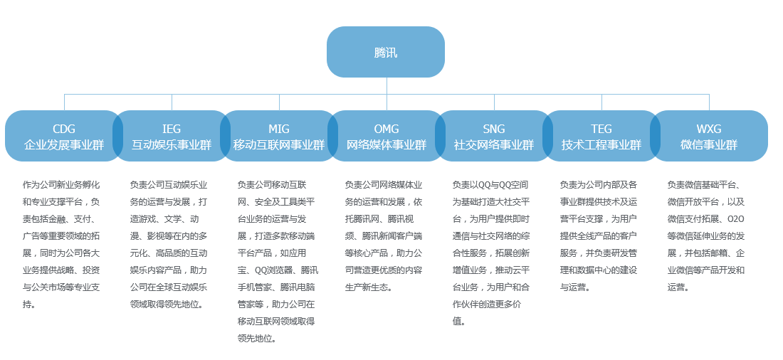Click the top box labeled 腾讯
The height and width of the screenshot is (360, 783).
[386, 52]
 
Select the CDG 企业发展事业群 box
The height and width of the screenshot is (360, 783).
[64, 136]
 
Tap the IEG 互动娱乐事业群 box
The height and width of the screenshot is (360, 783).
[172, 136]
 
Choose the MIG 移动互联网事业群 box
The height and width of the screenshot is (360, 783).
[279, 136]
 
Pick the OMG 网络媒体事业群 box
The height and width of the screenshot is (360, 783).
[387, 136]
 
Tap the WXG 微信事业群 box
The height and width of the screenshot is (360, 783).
[709, 136]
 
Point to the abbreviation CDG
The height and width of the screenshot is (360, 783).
[64, 129]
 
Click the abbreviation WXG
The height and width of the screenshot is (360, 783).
[709, 129]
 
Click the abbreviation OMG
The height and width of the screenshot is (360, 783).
[387, 129]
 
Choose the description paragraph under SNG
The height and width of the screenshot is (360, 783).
[491, 253]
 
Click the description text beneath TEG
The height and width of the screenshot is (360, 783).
[599, 235]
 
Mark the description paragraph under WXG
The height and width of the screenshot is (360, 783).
[706, 235]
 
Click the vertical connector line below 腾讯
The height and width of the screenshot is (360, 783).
[387, 85]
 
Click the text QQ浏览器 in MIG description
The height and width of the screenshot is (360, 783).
[274, 270]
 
